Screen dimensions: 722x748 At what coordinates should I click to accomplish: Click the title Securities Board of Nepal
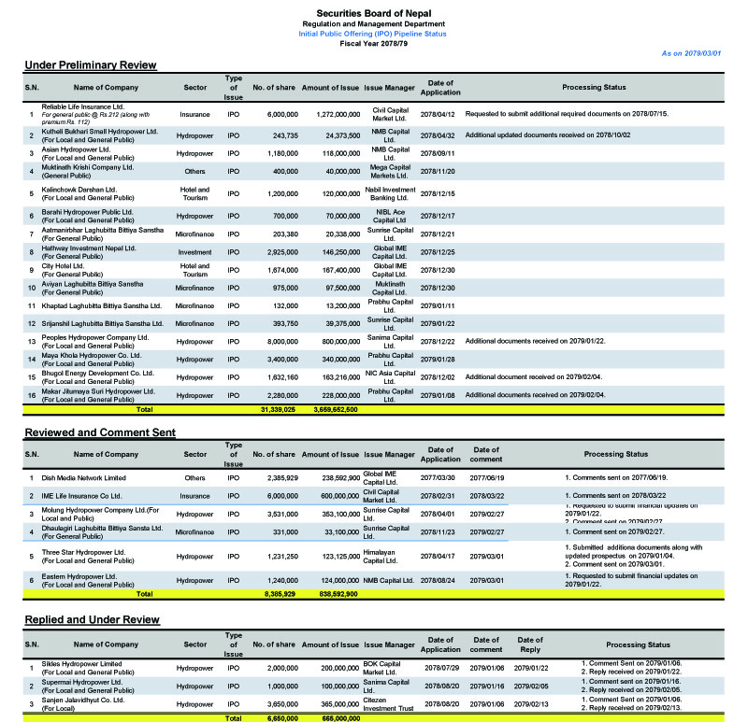pyautogui.click(x=374, y=12)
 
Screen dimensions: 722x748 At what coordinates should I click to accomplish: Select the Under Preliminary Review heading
pyautogui.click(x=90, y=65)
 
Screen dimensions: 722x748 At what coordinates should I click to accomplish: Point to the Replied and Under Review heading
pyautogui.click(x=92, y=619)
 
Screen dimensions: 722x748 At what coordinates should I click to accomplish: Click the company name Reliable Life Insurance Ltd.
pyautogui.click(x=83, y=107)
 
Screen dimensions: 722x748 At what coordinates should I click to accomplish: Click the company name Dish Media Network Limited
pyautogui.click(x=84, y=478)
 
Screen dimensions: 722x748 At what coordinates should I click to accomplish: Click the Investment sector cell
pyautogui.click(x=194, y=252)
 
